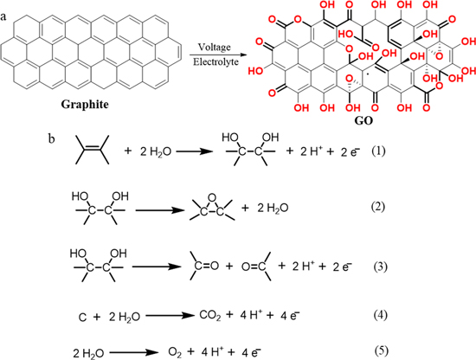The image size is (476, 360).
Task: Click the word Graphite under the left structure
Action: tap(85, 105)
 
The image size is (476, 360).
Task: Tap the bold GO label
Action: tap(363, 121)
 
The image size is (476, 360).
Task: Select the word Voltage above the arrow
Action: tap(214, 48)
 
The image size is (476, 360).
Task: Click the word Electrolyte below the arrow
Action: tap(215, 62)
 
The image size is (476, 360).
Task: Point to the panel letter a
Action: tap(3, 16)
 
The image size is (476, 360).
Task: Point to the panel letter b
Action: tap(52, 138)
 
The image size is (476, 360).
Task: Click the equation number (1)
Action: tap(378, 151)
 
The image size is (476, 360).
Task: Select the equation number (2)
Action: tap(378, 207)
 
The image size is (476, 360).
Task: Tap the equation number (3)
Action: tap(380, 267)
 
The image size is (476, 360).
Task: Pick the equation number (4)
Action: tap(381, 315)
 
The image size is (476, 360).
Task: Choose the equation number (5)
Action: tap(382, 350)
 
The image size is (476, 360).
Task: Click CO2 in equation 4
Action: tap(210, 316)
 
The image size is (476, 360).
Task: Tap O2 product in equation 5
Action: tap(175, 352)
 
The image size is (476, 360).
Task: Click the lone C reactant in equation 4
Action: tap(82, 318)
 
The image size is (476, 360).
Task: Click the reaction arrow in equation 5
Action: tap(134, 353)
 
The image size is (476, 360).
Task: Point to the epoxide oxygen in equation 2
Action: tap(213, 198)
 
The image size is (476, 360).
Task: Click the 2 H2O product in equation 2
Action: tap(273, 209)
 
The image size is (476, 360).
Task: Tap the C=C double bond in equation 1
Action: tap(93, 148)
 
